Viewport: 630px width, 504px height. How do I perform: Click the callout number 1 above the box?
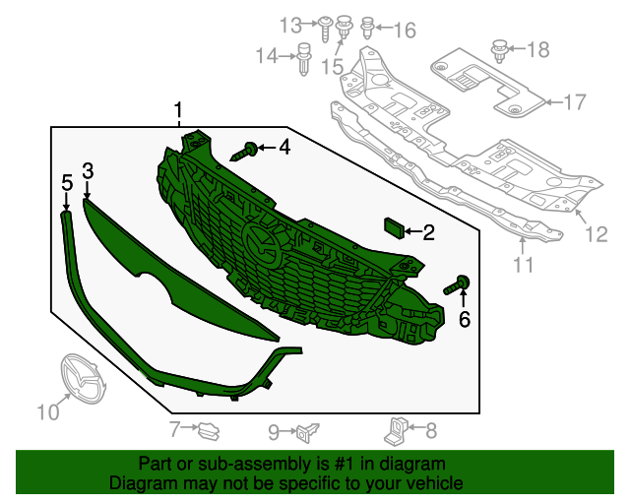click(x=178, y=110)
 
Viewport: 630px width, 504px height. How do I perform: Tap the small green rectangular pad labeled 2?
click(x=395, y=228)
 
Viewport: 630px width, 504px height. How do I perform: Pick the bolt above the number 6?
click(x=457, y=284)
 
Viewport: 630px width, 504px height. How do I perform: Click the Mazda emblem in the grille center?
click(x=262, y=245)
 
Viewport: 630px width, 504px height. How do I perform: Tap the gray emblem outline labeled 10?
click(x=83, y=379)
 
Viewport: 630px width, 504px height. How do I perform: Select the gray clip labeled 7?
click(x=209, y=431)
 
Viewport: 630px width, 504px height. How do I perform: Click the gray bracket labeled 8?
click(x=396, y=431)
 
